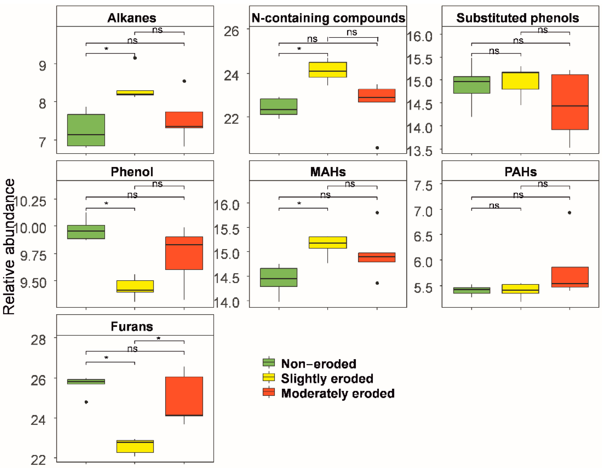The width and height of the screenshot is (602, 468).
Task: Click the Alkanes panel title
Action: pyautogui.click(x=132, y=18)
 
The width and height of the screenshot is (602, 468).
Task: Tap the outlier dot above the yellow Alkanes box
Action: pyautogui.click(x=135, y=58)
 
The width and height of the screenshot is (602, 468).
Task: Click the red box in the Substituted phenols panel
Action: pyautogui.click(x=570, y=102)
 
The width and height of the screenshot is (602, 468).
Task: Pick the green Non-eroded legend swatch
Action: pyautogui.click(x=269, y=362)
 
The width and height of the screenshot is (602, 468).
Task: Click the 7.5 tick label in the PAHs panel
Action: pyautogui.click(x=423, y=186)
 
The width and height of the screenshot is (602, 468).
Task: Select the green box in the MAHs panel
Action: pyautogui.click(x=279, y=277)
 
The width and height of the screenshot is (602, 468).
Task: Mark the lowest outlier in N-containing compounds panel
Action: pyautogui.click(x=377, y=148)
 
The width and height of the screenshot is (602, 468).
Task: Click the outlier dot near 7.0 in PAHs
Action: pyautogui.click(x=569, y=212)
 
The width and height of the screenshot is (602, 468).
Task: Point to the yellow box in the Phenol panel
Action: pyautogui.click(x=135, y=286)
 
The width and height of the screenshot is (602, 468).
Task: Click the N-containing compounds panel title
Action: pyautogui.click(x=328, y=18)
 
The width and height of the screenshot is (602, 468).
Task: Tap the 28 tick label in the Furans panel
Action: pyautogui.click(x=38, y=340)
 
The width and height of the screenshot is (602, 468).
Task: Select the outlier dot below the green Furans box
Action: pyautogui.click(x=86, y=402)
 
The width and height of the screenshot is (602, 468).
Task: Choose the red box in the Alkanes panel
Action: pyautogui.click(x=184, y=120)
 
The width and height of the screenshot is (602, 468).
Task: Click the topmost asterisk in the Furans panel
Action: pyautogui.click(x=159, y=338)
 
